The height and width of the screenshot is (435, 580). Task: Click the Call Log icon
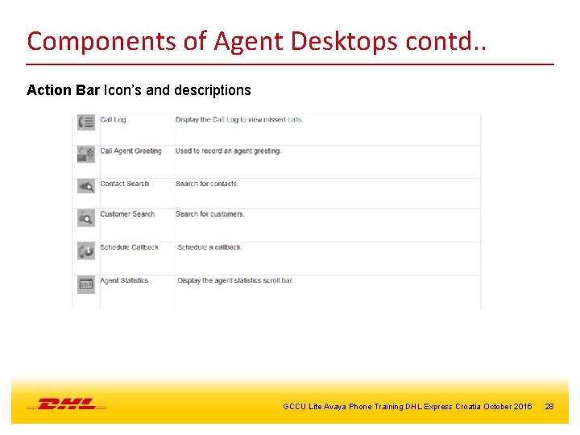coord(86,122)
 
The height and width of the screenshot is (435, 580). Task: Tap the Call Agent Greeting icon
coord(86,154)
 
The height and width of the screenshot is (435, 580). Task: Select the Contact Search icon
coord(86,186)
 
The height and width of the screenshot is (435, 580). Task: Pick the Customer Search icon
coord(86,217)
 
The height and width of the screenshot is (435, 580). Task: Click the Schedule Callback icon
coord(86,251)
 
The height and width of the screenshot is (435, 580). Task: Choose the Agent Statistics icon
coord(86,284)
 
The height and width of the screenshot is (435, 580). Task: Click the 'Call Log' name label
coord(113,120)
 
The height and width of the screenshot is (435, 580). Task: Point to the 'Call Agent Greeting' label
coord(130,151)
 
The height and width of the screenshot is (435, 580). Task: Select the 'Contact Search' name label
coord(124,184)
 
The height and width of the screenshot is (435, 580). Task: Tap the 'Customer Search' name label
coord(127,214)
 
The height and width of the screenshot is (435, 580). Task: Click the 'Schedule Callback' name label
coord(129,247)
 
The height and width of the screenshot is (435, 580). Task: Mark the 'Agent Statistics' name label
coord(124,280)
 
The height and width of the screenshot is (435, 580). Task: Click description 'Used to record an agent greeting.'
coord(228,151)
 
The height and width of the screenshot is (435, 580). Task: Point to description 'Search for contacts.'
coord(207,184)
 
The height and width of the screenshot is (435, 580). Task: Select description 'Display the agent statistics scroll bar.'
coord(234,280)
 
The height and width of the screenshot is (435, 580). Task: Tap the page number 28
coord(549,407)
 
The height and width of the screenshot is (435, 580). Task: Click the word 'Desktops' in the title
coord(338,40)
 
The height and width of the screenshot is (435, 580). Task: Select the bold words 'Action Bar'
coord(63,90)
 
